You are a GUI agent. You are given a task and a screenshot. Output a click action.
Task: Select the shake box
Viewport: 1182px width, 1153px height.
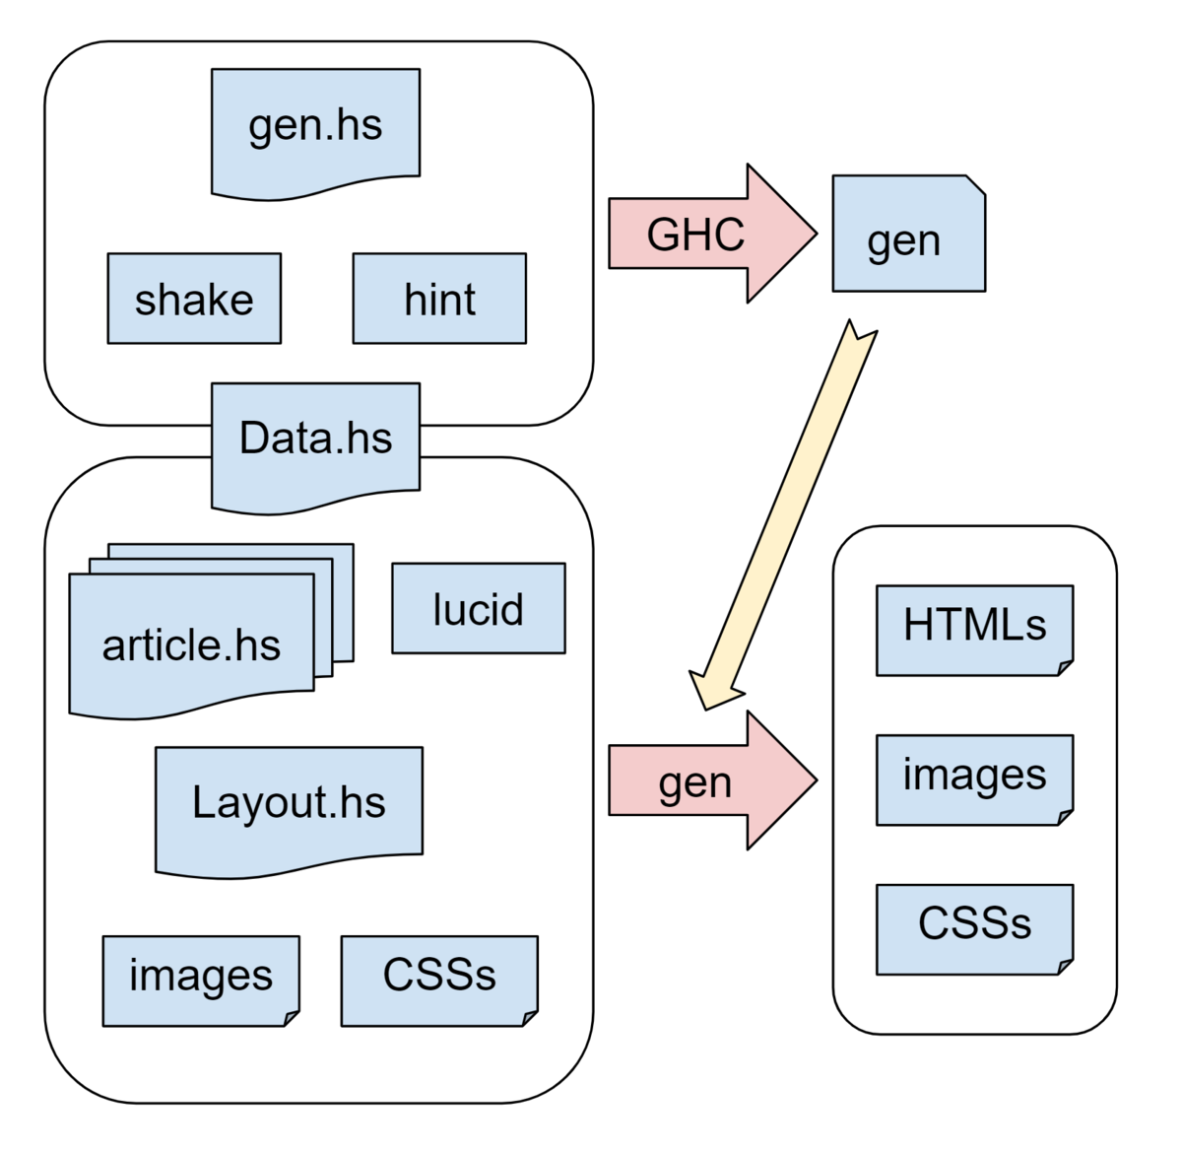[194, 299]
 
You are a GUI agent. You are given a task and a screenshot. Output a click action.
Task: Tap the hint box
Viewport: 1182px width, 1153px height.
[439, 299]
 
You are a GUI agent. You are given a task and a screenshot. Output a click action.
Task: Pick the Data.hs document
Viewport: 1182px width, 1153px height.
[315, 441]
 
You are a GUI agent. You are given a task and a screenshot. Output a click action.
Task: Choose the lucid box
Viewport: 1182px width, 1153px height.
[479, 608]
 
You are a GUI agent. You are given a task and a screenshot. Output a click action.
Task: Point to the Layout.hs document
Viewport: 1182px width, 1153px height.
[289, 803]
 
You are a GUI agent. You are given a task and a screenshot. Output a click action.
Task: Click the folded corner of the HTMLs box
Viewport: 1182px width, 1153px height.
[1066, 668]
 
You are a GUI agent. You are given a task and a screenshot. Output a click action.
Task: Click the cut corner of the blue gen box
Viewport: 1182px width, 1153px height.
[976, 184]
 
